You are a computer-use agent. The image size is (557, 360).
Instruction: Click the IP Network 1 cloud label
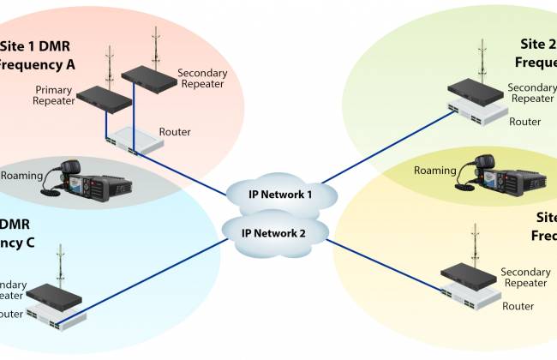(276, 195)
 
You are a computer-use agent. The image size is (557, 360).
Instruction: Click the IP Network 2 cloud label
(273, 232)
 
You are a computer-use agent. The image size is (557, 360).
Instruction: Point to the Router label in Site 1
(175, 131)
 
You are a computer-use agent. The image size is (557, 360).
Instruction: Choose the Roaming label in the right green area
(434, 170)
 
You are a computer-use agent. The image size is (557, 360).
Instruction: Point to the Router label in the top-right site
(524, 122)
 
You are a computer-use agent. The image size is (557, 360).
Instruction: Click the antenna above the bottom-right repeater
(473, 243)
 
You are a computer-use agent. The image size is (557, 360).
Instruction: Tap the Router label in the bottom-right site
(518, 306)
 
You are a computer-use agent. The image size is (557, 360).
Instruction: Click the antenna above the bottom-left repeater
(59, 265)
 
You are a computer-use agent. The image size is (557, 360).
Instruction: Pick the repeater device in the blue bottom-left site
(54, 295)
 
